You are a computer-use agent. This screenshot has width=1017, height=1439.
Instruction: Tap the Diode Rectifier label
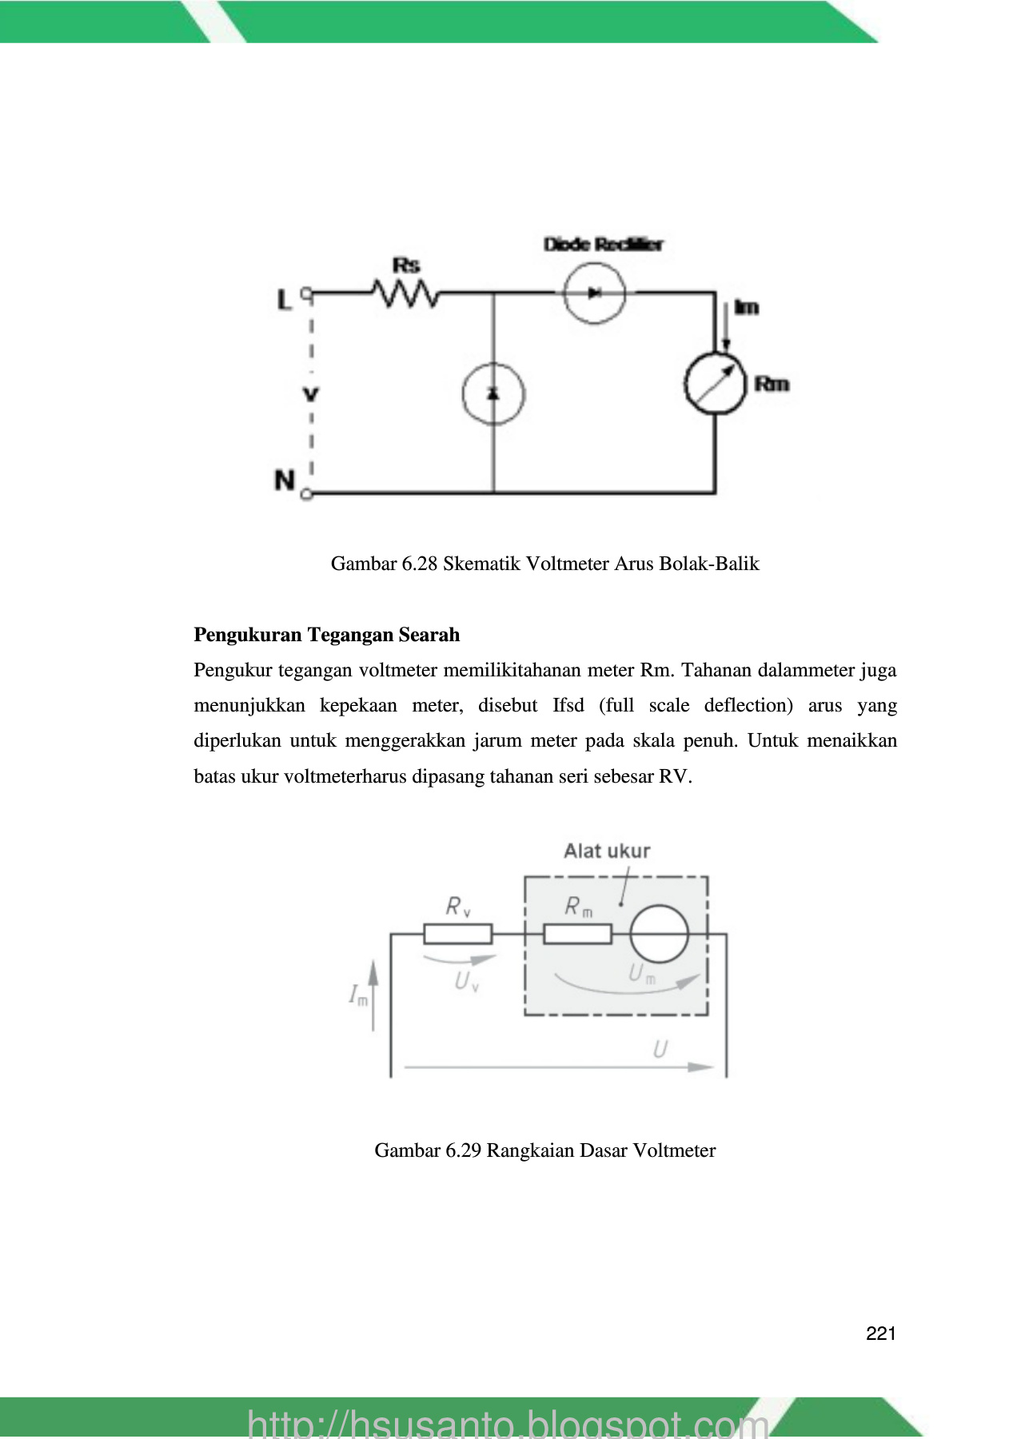pyautogui.click(x=603, y=245)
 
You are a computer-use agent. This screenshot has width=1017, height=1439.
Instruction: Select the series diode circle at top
pyautogui.click(x=594, y=293)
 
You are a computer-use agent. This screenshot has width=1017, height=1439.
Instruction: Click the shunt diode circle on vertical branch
pyautogui.click(x=493, y=394)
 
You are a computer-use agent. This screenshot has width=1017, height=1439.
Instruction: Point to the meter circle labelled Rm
pyautogui.click(x=715, y=385)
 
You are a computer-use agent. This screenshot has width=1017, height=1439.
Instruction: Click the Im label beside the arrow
pyautogui.click(x=747, y=307)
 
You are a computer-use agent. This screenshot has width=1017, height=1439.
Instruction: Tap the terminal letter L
pyautogui.click(x=284, y=300)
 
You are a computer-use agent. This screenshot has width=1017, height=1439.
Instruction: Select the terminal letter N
pyautogui.click(x=285, y=480)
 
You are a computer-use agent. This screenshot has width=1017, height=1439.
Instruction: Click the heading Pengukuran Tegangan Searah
pyautogui.click(x=326, y=635)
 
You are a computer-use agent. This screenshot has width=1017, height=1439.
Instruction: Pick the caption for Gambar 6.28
pyautogui.click(x=544, y=564)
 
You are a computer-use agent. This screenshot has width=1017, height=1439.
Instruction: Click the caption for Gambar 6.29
pyautogui.click(x=544, y=1150)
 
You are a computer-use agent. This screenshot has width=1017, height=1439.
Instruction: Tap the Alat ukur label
pyautogui.click(x=607, y=851)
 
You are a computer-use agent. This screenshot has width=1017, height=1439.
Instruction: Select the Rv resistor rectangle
pyautogui.click(x=457, y=934)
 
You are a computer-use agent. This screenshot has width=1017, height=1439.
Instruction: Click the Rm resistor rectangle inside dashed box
pyautogui.click(x=577, y=934)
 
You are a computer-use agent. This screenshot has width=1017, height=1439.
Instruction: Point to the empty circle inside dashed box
pyautogui.click(x=659, y=934)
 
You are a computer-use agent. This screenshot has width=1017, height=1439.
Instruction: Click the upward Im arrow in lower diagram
pyautogui.click(x=373, y=995)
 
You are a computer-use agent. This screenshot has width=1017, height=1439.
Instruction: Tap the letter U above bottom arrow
pyautogui.click(x=660, y=1050)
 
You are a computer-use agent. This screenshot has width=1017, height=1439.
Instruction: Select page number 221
pyautogui.click(x=880, y=1333)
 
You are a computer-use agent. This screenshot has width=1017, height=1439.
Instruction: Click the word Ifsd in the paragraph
pyautogui.click(x=568, y=706)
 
